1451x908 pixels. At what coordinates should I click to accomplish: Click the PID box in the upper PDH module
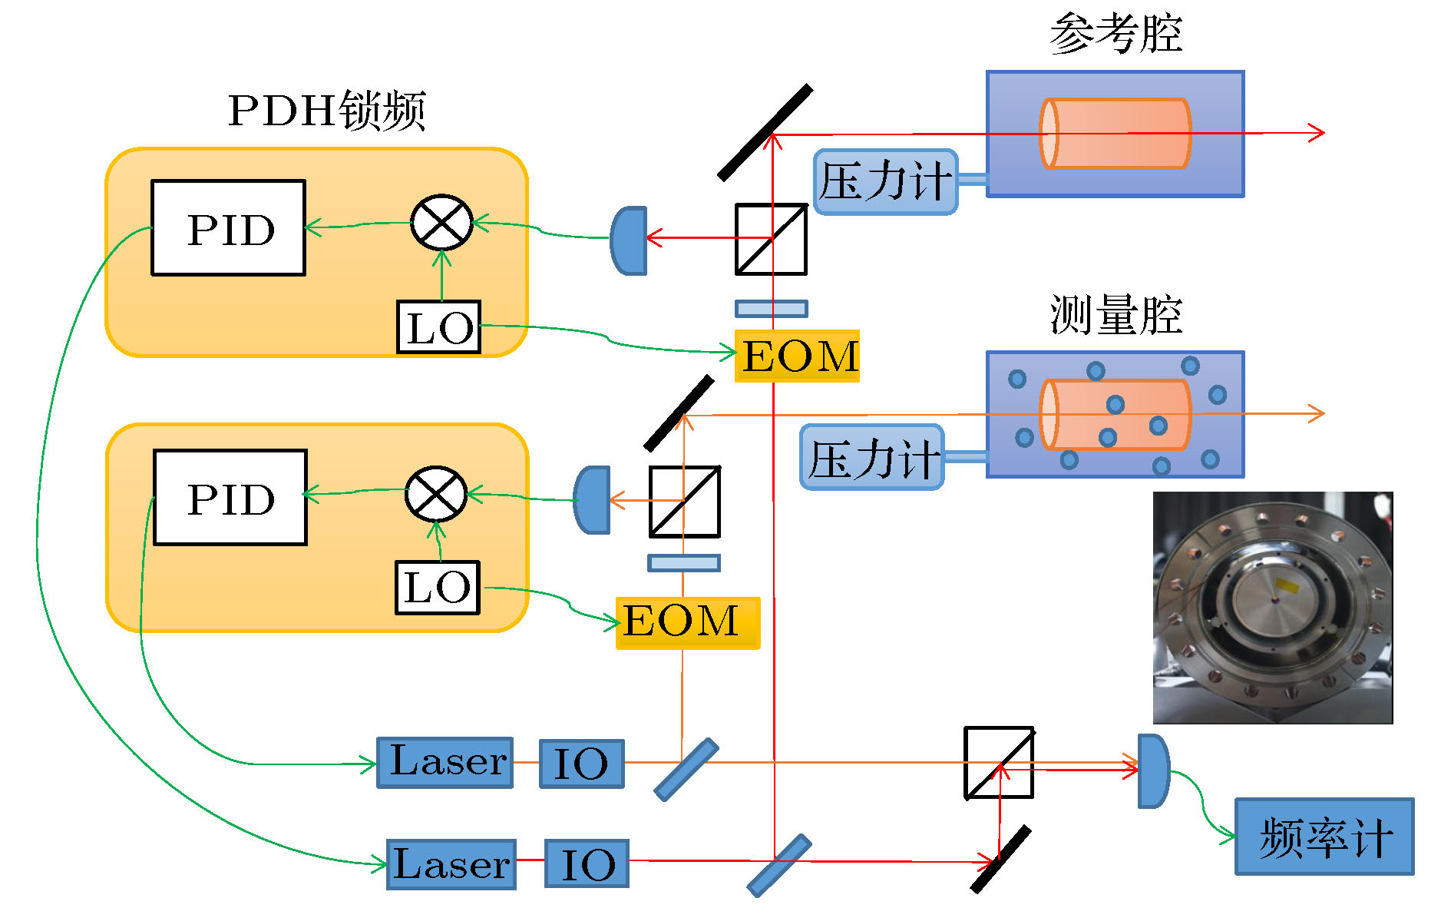pos(228,227)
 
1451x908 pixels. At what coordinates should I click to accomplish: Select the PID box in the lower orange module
pos(230,497)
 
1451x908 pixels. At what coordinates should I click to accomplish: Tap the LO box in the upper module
pos(438,327)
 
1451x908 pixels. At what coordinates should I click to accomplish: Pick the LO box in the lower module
pos(437,588)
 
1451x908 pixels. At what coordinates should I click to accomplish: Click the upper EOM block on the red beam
pos(797,356)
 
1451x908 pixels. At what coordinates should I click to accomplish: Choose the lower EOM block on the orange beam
pos(687,622)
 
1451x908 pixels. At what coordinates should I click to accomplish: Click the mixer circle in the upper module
pos(441,222)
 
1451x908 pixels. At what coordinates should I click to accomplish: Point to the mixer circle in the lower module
pos(436,494)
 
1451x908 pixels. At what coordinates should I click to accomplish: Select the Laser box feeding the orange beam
pos(445,762)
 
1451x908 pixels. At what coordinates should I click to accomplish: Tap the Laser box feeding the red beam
pos(451,864)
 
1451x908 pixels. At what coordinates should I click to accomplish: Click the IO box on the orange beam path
pos(581,763)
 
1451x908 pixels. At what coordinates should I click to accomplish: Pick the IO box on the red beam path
pos(587,864)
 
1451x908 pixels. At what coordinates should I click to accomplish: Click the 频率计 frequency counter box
pos(1324,837)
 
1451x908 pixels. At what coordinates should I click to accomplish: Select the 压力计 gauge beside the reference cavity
pos(885,182)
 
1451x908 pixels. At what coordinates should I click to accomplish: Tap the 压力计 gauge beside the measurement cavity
pos(872,458)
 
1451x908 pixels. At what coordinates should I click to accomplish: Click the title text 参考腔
pos(1115,34)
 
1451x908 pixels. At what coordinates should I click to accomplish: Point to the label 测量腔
pos(1115,314)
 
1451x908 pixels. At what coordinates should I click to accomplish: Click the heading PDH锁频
pos(326,110)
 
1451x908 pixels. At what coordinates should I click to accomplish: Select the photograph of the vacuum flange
pos(1272,608)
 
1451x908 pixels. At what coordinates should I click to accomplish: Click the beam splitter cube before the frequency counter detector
pos(999,763)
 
